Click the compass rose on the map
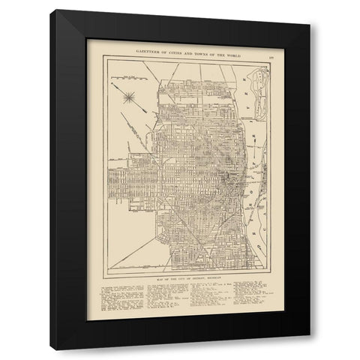[x=130, y=94]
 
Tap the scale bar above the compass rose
[x=134, y=77]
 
